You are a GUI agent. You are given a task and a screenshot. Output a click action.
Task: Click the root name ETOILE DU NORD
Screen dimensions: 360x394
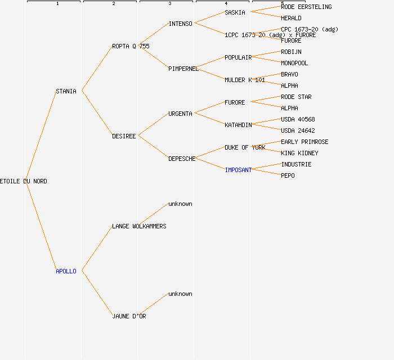tap(24, 181)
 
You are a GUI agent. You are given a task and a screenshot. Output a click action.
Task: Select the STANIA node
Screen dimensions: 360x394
tap(66, 91)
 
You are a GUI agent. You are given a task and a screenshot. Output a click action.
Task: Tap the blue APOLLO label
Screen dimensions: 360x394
tap(66, 271)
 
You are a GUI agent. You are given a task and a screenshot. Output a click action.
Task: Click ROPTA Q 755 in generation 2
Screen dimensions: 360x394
tap(131, 46)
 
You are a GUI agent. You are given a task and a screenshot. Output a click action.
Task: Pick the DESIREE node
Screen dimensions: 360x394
tap(124, 136)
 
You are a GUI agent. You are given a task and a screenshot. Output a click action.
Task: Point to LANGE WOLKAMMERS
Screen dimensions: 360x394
tap(139, 226)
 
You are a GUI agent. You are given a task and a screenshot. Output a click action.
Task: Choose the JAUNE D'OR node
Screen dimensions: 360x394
tap(129, 316)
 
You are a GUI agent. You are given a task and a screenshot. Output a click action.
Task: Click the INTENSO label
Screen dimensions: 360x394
tap(180, 24)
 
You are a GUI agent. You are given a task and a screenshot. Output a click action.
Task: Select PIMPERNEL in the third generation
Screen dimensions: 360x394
tap(183, 69)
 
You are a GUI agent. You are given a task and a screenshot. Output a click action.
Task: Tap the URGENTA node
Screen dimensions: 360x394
tap(180, 114)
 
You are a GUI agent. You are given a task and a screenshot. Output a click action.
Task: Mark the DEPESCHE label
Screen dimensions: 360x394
tap(182, 159)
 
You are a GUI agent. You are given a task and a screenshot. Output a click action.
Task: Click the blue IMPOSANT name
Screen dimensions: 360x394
tap(238, 170)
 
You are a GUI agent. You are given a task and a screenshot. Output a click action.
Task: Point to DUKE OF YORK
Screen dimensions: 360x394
tap(245, 147)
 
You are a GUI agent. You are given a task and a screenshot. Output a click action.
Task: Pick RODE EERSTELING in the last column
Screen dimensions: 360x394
tap(306, 7)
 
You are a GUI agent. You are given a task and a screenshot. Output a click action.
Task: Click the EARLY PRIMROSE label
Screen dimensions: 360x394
tap(305, 142)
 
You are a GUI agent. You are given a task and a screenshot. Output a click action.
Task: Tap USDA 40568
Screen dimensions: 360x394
tap(298, 119)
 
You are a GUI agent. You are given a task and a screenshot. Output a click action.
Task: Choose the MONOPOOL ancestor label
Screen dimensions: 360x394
tap(294, 63)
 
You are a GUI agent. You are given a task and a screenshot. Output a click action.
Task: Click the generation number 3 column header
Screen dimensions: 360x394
tap(170, 4)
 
